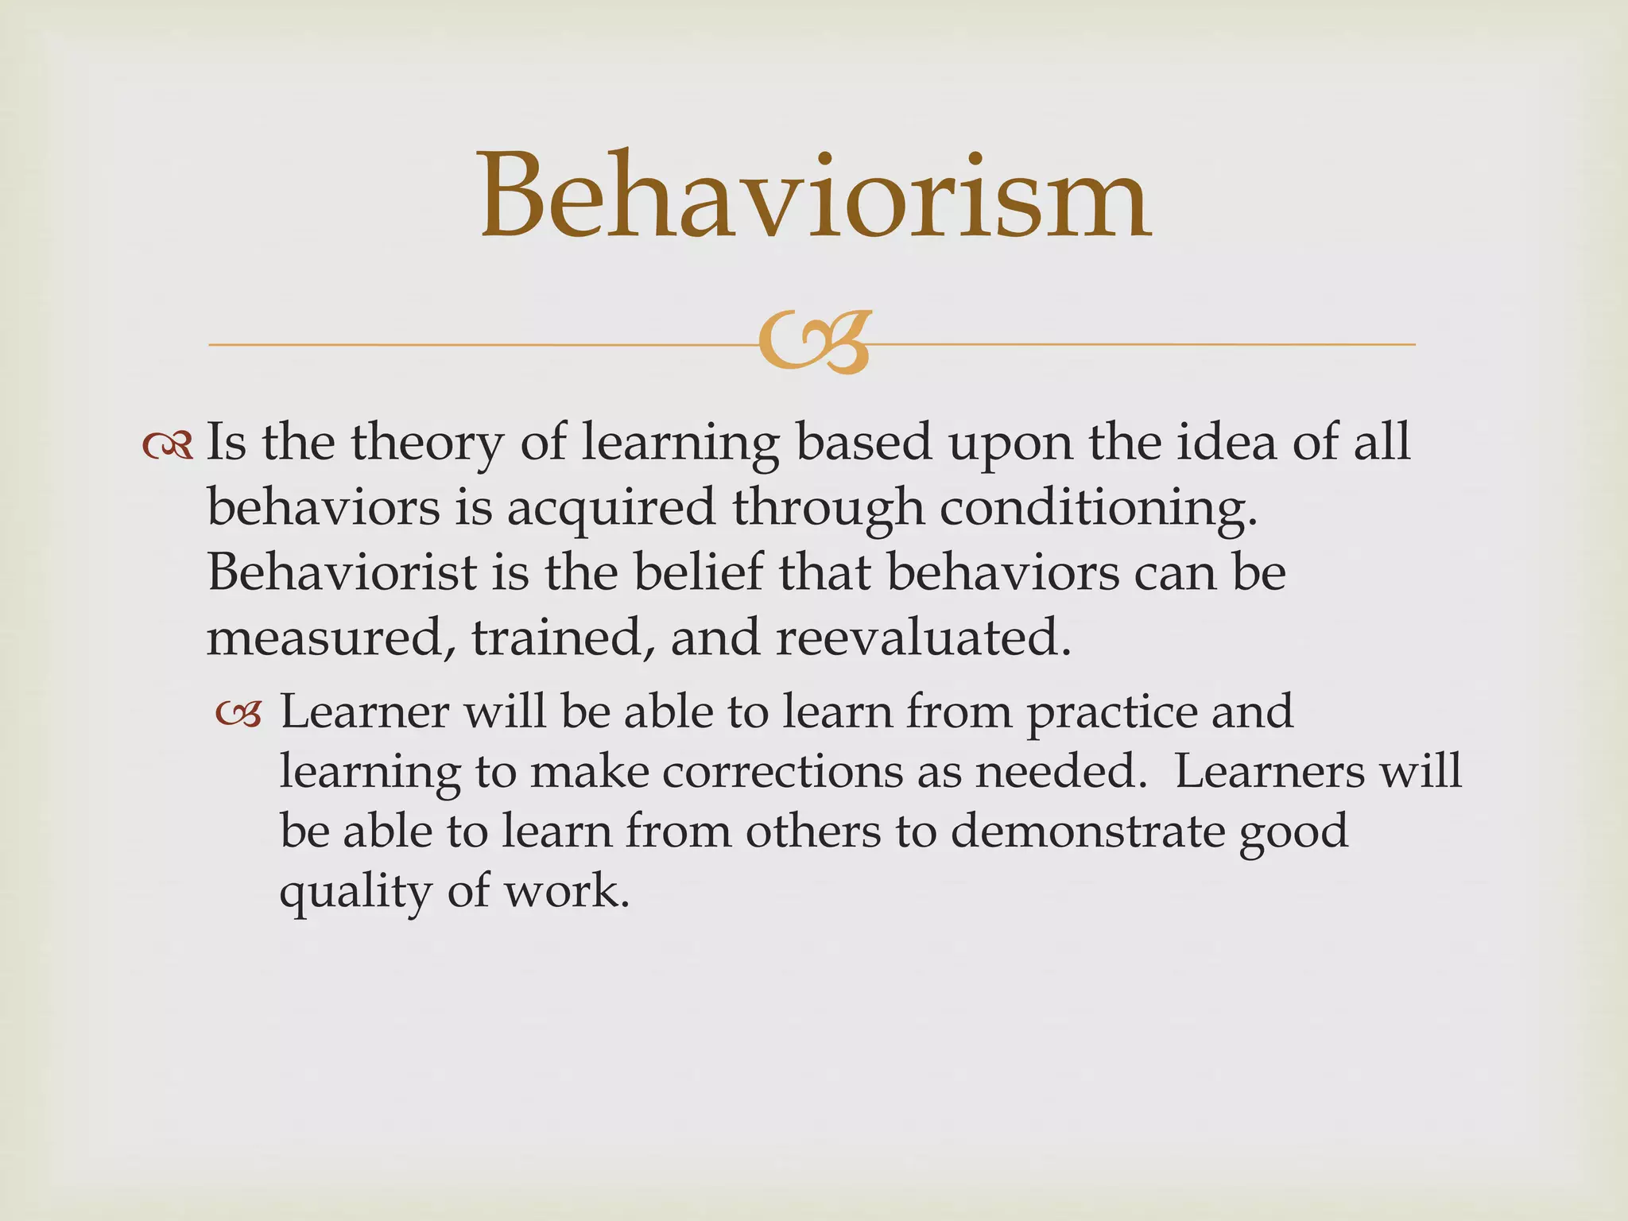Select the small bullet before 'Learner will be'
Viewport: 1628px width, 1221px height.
point(238,714)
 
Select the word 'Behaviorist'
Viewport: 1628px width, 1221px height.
point(342,572)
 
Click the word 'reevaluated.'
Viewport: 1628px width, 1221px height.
point(923,638)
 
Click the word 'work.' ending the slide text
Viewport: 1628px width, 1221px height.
point(567,892)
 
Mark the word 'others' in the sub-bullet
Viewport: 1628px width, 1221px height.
point(812,831)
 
